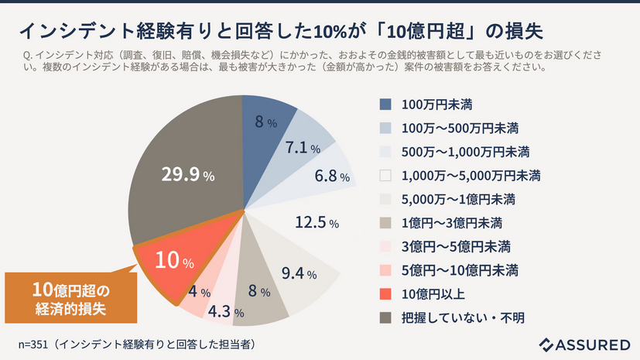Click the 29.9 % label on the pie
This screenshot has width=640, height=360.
(x=187, y=176)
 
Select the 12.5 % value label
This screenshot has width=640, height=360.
(x=317, y=224)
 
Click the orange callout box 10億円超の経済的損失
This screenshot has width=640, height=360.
(x=71, y=298)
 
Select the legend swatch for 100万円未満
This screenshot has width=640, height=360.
(x=385, y=104)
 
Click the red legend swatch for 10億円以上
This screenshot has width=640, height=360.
(x=385, y=294)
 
